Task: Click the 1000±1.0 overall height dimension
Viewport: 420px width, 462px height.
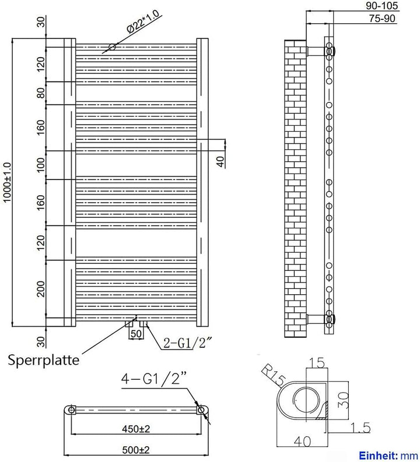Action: pyautogui.click(x=7, y=182)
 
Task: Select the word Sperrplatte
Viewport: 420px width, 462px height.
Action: pyautogui.click(x=44, y=360)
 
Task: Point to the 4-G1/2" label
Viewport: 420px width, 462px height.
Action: pyautogui.click(x=154, y=378)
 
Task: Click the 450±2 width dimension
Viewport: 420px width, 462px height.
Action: pyautogui.click(x=136, y=429)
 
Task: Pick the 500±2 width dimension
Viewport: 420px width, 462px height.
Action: pyautogui.click(x=136, y=450)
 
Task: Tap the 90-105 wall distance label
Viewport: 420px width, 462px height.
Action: pyautogui.click(x=382, y=6)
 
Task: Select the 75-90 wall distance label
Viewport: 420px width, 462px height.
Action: pyautogui.click(x=382, y=18)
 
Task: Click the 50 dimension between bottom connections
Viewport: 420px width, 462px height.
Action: pyautogui.click(x=136, y=334)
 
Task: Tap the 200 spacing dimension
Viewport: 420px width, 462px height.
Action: pyautogui.click(x=41, y=289)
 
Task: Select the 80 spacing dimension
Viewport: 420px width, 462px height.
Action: pyautogui.click(x=41, y=93)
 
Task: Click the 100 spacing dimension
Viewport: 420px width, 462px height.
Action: pyautogui.click(x=41, y=165)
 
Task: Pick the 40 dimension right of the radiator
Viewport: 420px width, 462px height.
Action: pyautogui.click(x=220, y=161)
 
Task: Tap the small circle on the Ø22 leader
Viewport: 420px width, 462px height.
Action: pyautogui.click(x=112, y=47)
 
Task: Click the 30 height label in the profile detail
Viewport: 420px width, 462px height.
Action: pyautogui.click(x=344, y=400)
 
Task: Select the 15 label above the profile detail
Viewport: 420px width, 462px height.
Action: pyautogui.click(x=317, y=363)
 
